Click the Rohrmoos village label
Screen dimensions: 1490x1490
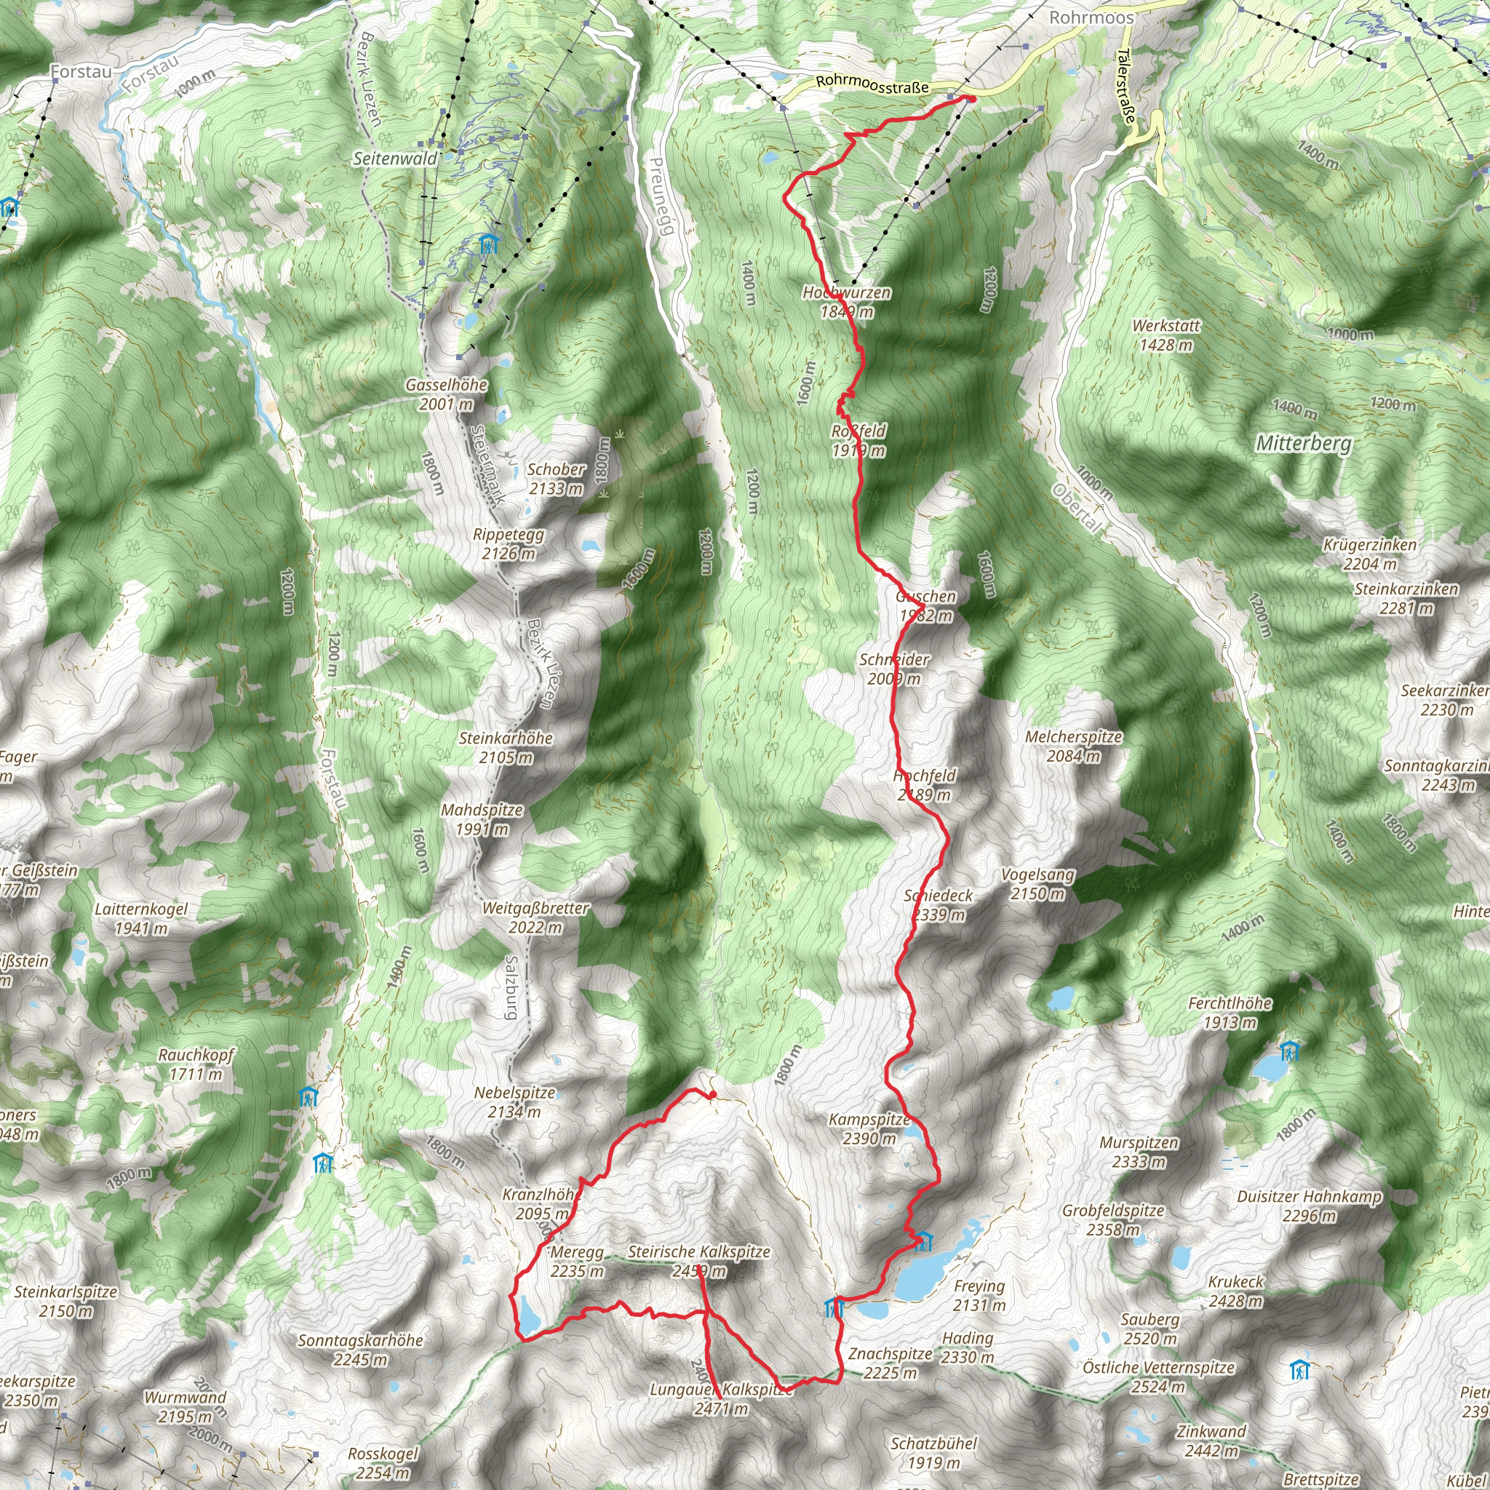[x=1091, y=17]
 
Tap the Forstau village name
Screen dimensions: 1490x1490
[x=81, y=72]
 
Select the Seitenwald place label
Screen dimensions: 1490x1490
[x=395, y=159]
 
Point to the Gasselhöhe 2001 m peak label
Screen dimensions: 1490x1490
[x=447, y=394]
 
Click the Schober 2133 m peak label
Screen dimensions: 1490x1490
[x=556, y=478]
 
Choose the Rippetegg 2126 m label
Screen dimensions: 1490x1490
[x=509, y=543]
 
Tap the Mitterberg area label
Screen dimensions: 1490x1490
[x=1303, y=444]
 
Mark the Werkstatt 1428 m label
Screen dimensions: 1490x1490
[x=1166, y=335]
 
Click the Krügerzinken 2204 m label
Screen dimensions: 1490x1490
[x=1370, y=554]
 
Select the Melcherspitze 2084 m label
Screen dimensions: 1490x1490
[x=1074, y=746]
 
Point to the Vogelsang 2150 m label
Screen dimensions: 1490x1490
[x=1037, y=884]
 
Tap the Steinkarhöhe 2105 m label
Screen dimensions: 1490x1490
[x=506, y=747]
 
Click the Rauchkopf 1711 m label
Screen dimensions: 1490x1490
[x=196, y=1064]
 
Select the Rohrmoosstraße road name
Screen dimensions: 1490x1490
[x=872, y=84]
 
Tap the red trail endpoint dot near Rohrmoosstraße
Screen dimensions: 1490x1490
[x=972, y=99]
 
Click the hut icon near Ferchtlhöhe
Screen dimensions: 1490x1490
[x=1288, y=1051]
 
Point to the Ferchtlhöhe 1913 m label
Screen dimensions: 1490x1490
[x=1230, y=1013]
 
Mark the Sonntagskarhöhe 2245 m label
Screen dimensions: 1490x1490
[x=360, y=1349]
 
